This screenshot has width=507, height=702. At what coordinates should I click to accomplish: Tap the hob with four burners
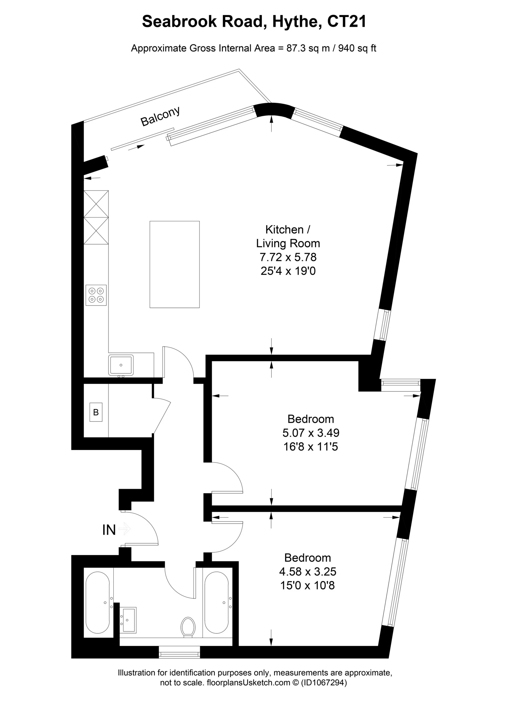tap(96, 295)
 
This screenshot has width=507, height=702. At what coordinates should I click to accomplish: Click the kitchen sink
tap(121, 365)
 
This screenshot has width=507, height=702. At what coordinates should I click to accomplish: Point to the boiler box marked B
tap(96, 412)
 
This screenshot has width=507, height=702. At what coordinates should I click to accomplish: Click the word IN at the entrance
tap(109, 530)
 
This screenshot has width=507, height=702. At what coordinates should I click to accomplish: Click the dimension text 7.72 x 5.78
tap(288, 257)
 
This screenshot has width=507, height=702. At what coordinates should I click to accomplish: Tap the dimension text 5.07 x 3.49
tap(311, 433)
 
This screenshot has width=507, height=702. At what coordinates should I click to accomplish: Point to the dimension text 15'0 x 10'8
tap(307, 586)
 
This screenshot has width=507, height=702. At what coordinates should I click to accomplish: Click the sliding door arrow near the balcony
tap(136, 147)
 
